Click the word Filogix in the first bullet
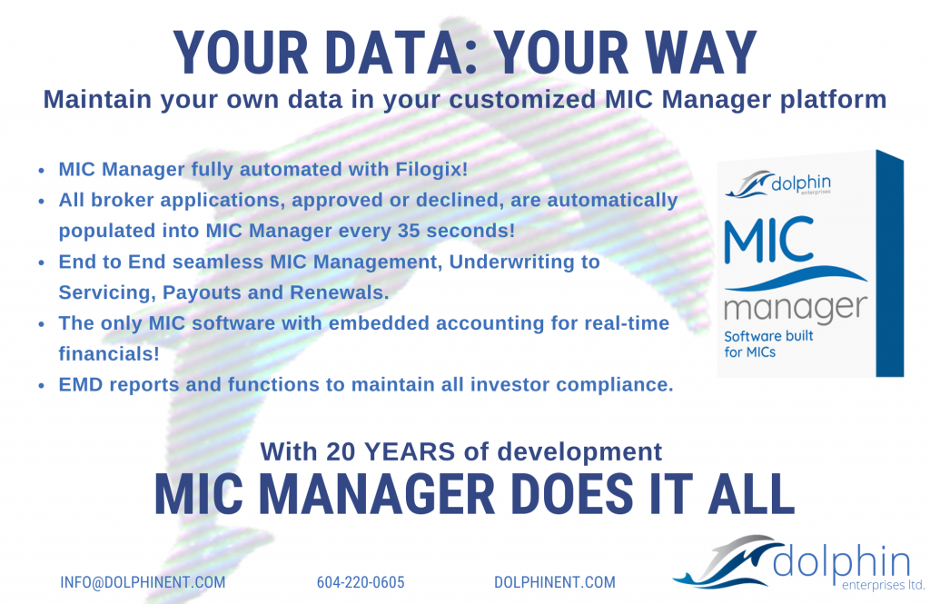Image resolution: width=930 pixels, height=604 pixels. click(x=431, y=170)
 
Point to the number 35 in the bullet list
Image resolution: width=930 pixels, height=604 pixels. click(x=409, y=230)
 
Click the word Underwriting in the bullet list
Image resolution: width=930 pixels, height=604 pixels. click(x=524, y=262)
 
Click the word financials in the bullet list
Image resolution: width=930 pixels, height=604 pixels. click(x=109, y=353)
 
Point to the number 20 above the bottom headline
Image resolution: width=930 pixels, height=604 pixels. click(x=341, y=451)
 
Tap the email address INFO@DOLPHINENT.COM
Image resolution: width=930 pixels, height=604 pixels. click(x=143, y=582)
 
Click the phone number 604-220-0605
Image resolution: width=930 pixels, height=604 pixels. click(x=361, y=582)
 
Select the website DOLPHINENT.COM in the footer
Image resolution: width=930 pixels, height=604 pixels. click(x=555, y=582)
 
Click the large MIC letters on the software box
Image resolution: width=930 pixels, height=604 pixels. click(x=769, y=240)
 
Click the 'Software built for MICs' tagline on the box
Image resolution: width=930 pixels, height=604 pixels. click(x=768, y=344)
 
